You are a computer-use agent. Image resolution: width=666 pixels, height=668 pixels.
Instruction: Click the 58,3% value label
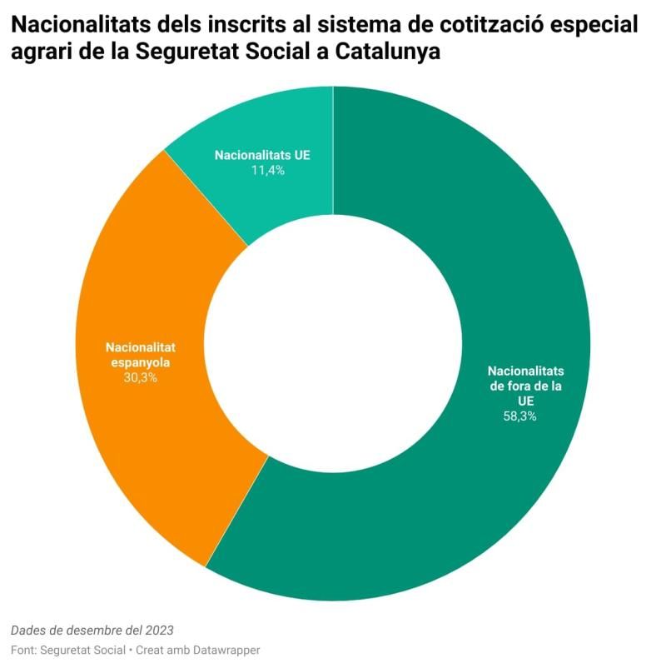(519, 416)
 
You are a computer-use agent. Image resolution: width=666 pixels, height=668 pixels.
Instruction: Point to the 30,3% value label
(140, 377)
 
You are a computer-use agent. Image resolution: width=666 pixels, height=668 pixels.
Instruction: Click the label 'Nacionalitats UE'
(262, 155)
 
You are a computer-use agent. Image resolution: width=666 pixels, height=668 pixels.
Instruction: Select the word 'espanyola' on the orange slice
(140, 362)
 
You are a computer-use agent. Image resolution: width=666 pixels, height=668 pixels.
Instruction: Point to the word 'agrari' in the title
(40, 52)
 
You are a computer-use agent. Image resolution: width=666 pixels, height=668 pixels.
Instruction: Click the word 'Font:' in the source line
(24, 649)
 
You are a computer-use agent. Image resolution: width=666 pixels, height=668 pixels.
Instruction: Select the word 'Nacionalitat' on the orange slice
(140, 347)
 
